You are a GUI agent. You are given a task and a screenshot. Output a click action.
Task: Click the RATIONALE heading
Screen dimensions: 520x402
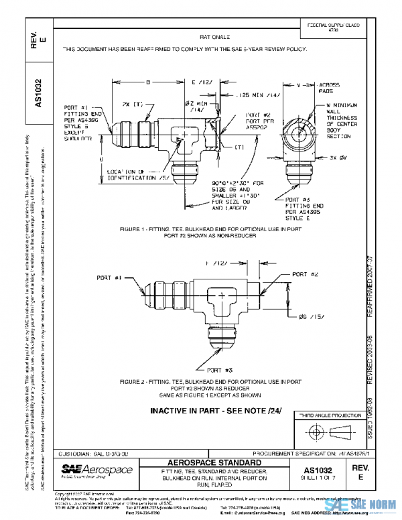click(x=214, y=38)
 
